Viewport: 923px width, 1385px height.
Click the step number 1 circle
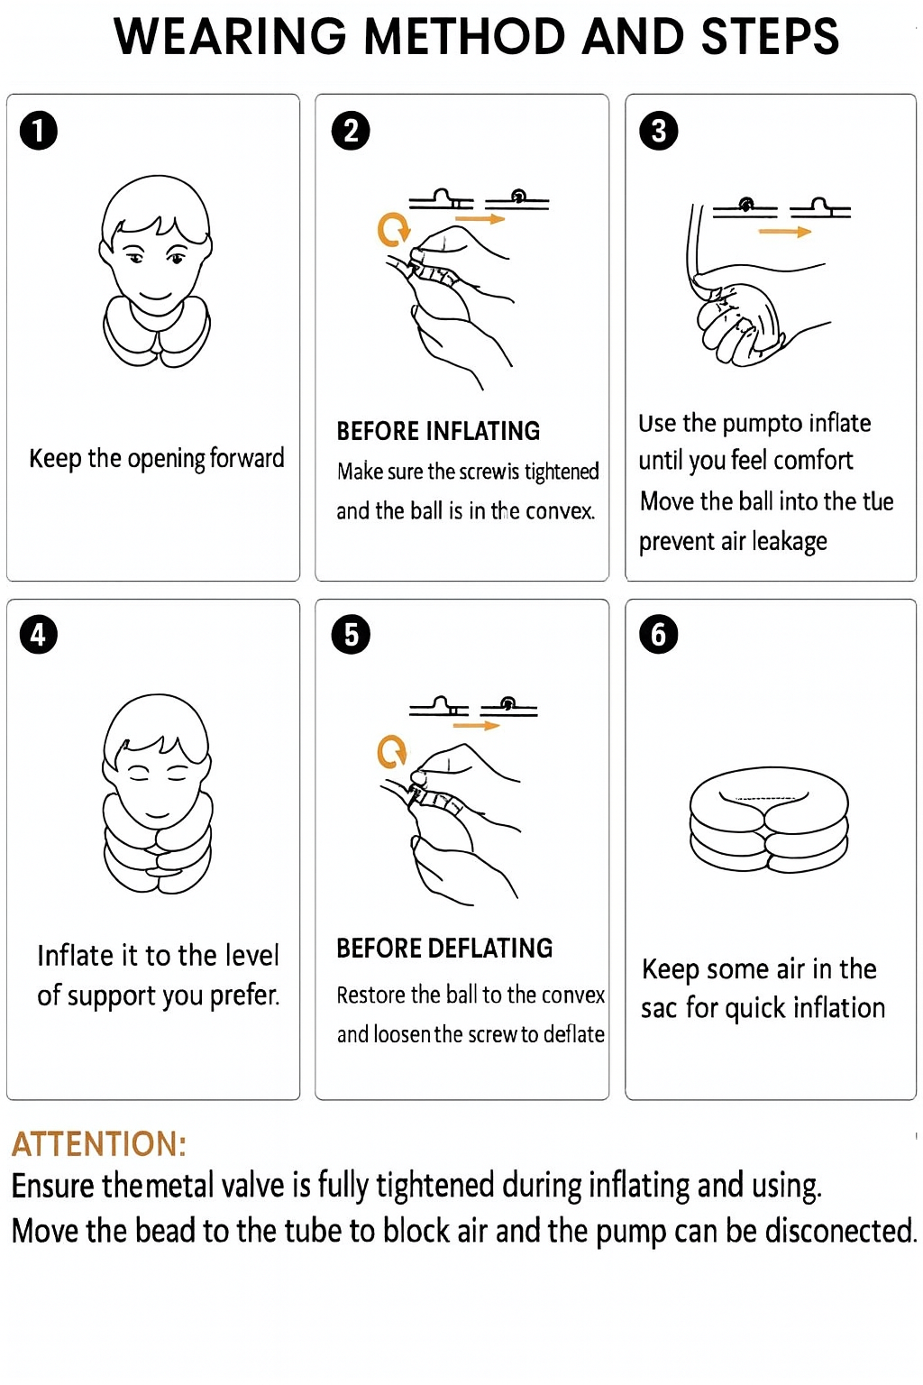[39, 131]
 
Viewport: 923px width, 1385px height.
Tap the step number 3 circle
[658, 131]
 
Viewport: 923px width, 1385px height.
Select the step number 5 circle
[351, 635]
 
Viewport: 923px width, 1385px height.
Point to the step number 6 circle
[658, 635]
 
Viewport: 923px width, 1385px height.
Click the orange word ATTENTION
[99, 1144]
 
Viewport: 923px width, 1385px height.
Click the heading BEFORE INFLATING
[438, 431]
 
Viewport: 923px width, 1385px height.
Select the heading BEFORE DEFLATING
[444, 948]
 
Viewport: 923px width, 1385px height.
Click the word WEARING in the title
[231, 36]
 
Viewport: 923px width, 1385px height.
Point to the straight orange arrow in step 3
[784, 232]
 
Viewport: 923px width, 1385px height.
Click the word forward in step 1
[247, 458]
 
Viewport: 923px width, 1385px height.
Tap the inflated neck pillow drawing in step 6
[769, 820]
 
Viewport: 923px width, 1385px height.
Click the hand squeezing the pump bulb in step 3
[740, 323]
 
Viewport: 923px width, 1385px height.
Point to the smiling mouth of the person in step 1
[154, 295]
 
